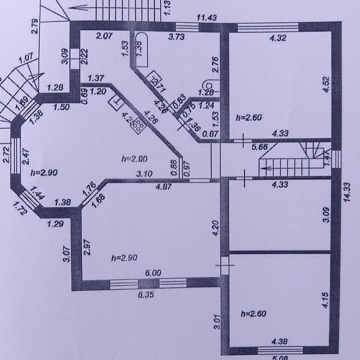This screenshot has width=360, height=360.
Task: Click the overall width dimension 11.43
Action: (207, 17)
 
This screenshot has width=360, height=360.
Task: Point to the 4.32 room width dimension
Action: (267, 37)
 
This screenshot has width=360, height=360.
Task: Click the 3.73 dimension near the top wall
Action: (176, 37)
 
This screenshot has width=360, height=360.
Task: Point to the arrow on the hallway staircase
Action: (267, 169)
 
